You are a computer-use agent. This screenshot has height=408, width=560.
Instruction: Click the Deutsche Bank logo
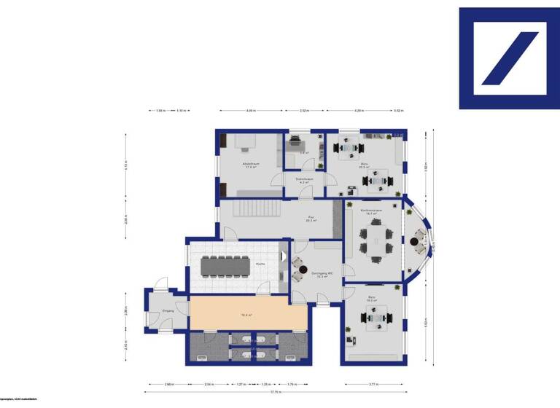pos(509,58)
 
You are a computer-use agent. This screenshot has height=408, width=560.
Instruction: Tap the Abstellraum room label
pos(252,165)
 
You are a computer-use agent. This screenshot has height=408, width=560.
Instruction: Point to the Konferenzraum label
pos(372,210)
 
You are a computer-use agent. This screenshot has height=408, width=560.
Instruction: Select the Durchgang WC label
pos(322,274)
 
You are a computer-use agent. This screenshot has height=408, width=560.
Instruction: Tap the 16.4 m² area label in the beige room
pos(246,315)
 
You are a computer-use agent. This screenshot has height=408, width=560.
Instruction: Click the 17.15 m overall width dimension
pos(275,393)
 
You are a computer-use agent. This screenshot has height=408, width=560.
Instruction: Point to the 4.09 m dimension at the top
pos(251,111)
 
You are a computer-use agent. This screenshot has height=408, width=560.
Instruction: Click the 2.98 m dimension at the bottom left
pos(168,383)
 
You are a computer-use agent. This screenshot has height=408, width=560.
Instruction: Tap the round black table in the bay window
pos(419,240)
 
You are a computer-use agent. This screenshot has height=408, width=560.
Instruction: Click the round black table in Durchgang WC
pos(303,271)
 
